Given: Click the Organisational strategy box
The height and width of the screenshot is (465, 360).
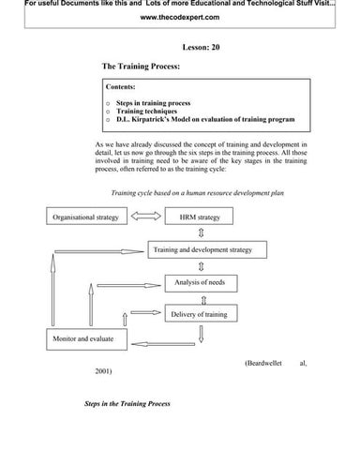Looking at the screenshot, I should (x=82, y=217).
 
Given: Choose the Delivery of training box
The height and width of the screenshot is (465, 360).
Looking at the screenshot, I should (x=198, y=314).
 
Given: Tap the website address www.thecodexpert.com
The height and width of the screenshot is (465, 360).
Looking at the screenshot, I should (x=179, y=19).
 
